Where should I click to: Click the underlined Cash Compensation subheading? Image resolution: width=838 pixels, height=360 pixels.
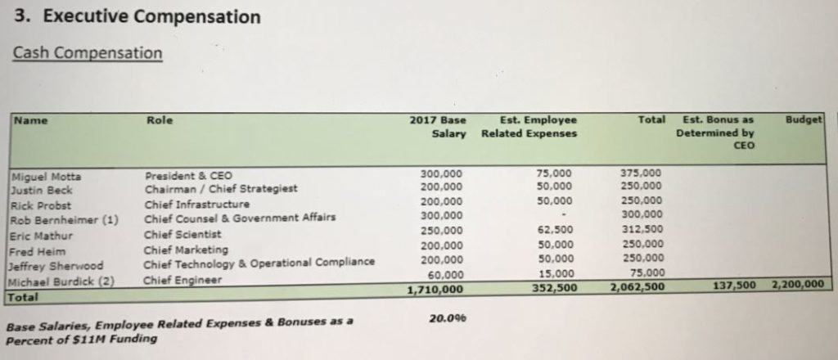88,53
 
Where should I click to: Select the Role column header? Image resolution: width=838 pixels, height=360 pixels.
160,120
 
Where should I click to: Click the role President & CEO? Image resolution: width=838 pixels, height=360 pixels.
188,175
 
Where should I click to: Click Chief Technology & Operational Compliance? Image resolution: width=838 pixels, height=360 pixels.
259,263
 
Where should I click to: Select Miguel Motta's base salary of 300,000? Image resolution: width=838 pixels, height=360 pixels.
440,173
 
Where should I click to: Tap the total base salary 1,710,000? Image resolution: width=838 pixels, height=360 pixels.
435,289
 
